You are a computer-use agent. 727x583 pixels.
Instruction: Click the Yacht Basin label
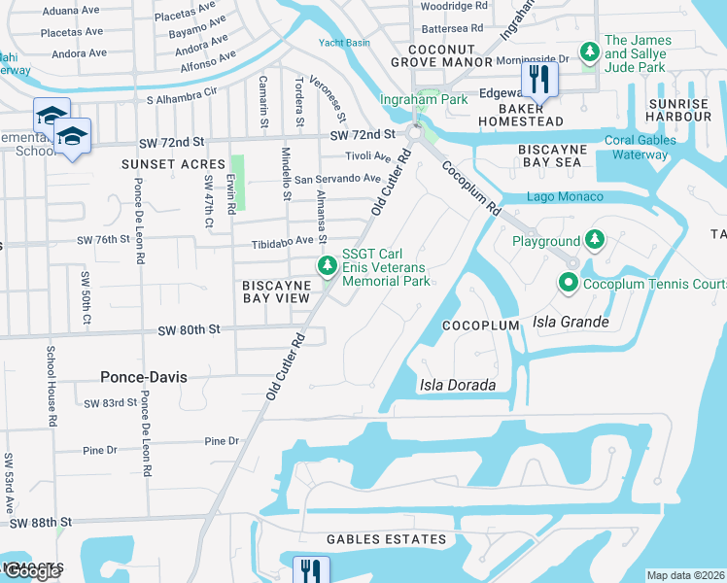[x=344, y=43]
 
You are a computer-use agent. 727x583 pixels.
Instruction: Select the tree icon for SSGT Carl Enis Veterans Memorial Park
[x=329, y=265]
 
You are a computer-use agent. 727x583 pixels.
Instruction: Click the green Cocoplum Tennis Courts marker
[x=569, y=283]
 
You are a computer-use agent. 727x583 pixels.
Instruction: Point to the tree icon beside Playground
[x=593, y=240]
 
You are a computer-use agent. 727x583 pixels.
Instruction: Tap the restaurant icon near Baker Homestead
[x=536, y=80]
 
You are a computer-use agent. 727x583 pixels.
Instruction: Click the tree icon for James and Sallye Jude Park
[x=589, y=51]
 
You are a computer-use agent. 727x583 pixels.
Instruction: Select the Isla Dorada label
[x=457, y=385]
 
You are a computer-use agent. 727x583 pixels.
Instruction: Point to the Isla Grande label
[x=571, y=323]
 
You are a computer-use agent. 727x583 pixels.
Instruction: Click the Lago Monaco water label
[x=565, y=197]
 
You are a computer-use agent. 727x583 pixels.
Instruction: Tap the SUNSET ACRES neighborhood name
[x=173, y=164]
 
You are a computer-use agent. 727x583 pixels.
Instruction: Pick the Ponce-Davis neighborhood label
[x=143, y=376]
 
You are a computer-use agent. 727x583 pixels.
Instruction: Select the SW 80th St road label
[x=190, y=330]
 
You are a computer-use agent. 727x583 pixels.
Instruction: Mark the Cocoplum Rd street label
[x=470, y=189]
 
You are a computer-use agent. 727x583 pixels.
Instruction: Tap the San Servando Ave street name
[x=337, y=179]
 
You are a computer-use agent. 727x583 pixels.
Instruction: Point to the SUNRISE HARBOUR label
[x=679, y=110]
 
